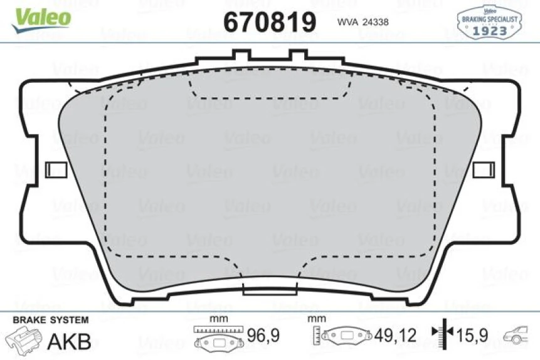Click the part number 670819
[270, 23]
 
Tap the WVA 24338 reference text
[363, 22]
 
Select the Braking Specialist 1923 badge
[490, 21]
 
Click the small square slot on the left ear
[57, 170]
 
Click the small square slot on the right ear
[484, 170]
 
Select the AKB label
[70, 342]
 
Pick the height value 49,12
[395, 336]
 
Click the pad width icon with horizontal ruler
[218, 337]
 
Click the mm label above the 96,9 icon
[218, 319]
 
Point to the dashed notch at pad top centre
[270, 88]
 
